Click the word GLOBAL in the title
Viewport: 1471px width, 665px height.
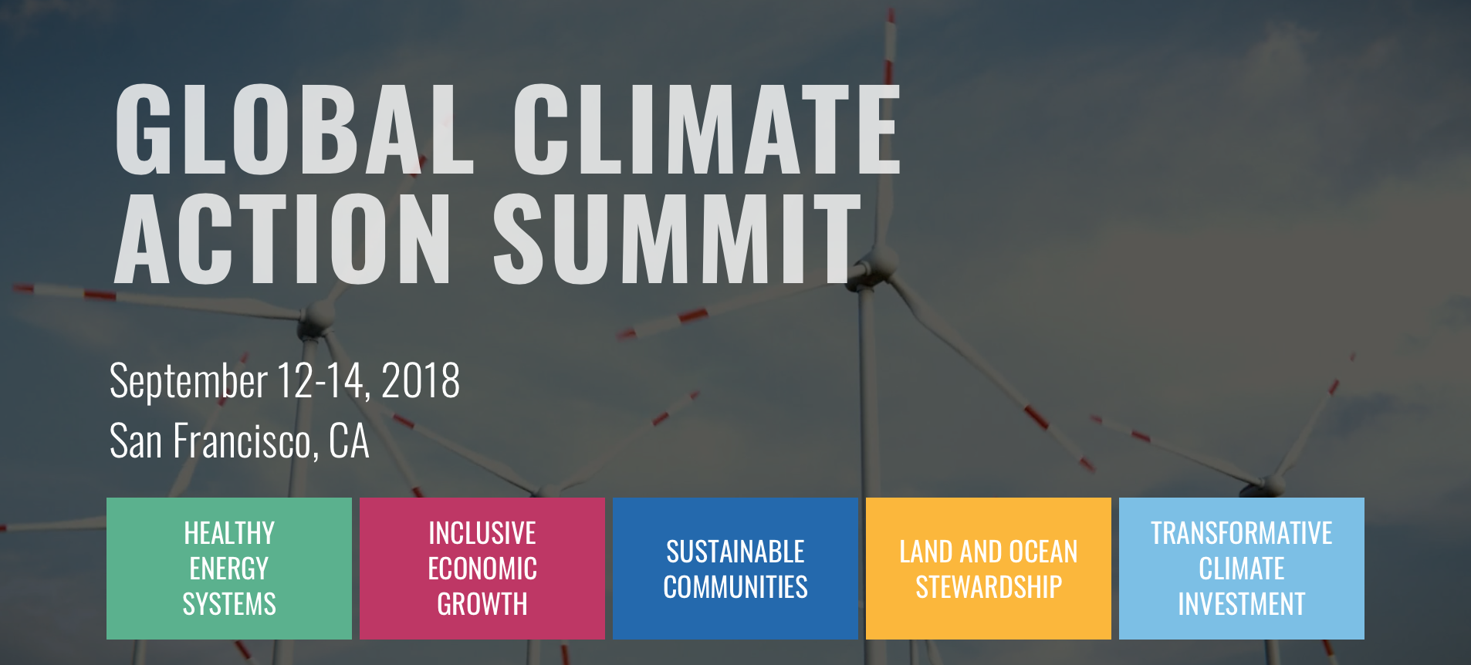(x=293, y=129)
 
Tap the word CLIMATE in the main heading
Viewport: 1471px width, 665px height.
(x=706, y=129)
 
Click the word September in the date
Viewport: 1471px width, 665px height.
(x=188, y=380)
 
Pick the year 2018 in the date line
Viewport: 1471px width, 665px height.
(x=421, y=380)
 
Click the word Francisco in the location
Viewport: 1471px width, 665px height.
(x=242, y=441)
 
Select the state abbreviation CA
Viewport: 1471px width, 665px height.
(x=349, y=441)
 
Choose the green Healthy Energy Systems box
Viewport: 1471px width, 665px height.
(x=229, y=569)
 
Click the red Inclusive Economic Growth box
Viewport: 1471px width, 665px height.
(x=482, y=569)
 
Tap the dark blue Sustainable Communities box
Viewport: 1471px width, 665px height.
(x=735, y=569)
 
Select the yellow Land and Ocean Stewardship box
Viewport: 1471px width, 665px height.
(x=989, y=569)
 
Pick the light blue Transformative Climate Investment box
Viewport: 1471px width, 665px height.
(x=1242, y=569)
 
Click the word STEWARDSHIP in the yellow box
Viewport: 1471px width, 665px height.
(x=989, y=587)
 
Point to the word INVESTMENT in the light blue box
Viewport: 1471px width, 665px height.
(x=1242, y=604)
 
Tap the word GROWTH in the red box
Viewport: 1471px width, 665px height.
(x=482, y=604)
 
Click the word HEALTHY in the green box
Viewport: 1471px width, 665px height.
(x=229, y=533)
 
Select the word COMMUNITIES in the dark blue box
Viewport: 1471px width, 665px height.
(x=735, y=587)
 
